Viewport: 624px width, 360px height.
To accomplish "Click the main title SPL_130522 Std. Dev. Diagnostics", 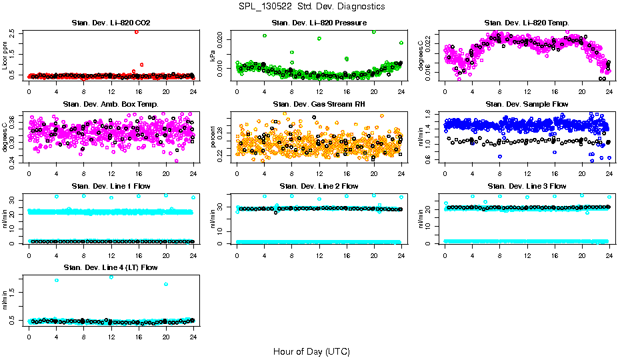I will (311, 6).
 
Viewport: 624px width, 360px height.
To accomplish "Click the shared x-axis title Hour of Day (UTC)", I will (311, 351).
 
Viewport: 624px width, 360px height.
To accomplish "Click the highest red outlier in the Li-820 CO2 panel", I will (137, 31).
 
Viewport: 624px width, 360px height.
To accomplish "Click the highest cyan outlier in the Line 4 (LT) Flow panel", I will (111, 277).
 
